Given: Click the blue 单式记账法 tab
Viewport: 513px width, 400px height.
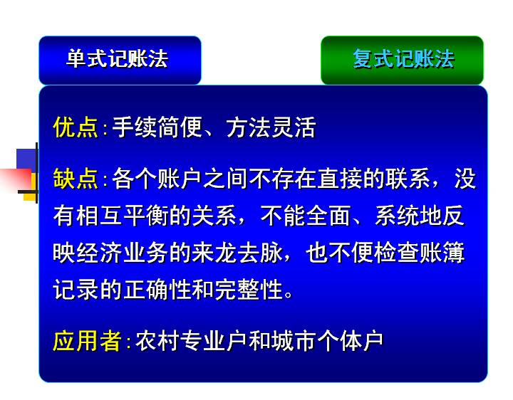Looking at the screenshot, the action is tap(120, 60).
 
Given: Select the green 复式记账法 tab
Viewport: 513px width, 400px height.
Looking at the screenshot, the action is tap(402, 60).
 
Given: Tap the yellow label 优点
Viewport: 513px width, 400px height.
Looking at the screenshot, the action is tap(76, 127).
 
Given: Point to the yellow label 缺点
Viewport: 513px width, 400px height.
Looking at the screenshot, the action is tap(76, 179).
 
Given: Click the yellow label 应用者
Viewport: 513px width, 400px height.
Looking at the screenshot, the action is tap(87, 341).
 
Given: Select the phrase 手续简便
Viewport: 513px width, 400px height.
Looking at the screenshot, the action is tap(157, 127).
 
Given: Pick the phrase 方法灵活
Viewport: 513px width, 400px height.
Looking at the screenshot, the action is tap(271, 127).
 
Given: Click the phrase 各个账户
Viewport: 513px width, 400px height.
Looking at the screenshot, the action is tap(157, 179).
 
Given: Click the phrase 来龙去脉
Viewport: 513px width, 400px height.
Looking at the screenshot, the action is tap(237, 253).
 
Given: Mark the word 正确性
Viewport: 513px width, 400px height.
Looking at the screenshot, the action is tap(157, 290).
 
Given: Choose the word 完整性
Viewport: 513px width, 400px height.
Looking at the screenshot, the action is tap(249, 290).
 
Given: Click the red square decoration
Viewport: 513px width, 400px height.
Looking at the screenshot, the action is tap(16, 179).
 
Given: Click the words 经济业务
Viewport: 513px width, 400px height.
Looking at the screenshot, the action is tap(123, 253).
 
